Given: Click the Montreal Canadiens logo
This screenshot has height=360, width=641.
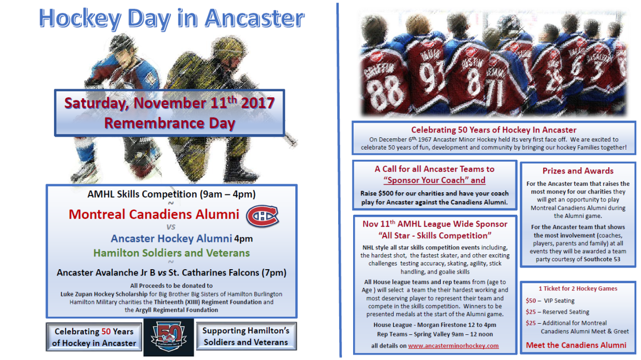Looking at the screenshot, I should [262, 215].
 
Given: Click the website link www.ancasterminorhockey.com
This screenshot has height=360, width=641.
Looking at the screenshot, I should [453, 346].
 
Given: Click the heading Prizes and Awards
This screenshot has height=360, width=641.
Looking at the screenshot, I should [578, 171].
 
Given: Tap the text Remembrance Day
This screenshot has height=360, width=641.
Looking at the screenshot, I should [169, 123].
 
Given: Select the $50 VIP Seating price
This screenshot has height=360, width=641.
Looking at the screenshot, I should [550, 301].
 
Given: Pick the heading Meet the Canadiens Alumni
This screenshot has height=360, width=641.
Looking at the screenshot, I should [576, 345].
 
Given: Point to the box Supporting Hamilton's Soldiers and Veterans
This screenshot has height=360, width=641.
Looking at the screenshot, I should [245, 336].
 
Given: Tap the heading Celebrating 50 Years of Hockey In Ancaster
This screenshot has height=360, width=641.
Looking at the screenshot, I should [494, 130].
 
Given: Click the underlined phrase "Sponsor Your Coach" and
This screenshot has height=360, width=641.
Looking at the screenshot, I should [434, 180].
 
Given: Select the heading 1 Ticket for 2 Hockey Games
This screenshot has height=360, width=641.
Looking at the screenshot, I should [577, 288].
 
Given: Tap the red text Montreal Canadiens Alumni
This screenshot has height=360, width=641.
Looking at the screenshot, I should [154, 214].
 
